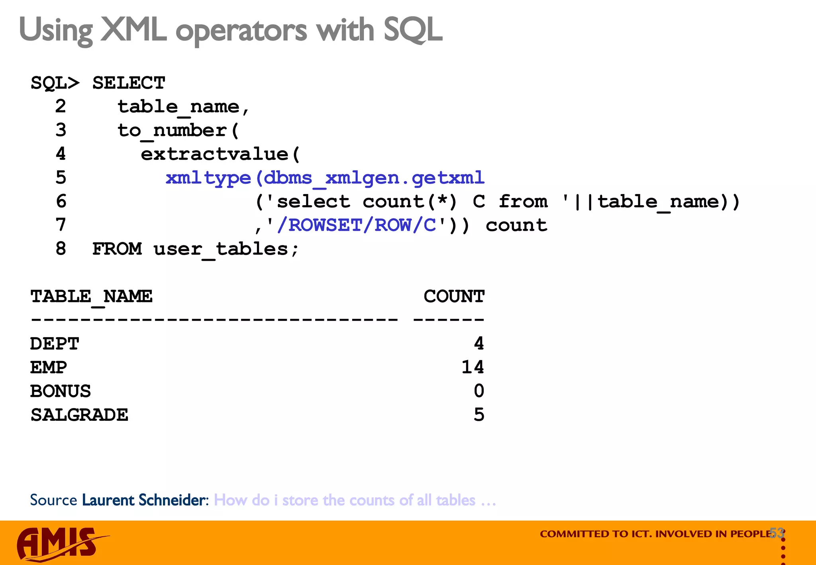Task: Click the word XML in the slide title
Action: (133, 30)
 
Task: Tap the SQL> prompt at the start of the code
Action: (55, 83)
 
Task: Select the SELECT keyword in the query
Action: (129, 83)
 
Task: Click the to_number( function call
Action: (178, 131)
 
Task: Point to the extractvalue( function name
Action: (220, 154)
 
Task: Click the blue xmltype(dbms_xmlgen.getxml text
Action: (325, 178)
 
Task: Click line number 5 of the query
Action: (61, 178)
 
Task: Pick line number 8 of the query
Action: (61, 249)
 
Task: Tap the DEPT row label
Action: (55, 344)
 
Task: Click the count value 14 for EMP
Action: (473, 367)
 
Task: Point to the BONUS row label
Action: (61, 391)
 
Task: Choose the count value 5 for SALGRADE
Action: (479, 415)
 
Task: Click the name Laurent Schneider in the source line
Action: (144, 500)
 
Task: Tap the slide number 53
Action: (777, 533)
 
